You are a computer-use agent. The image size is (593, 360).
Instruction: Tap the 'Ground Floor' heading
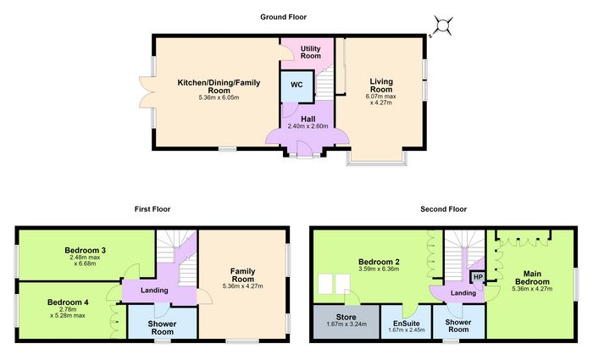(283, 17)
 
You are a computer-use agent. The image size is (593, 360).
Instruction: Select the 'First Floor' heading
(152, 209)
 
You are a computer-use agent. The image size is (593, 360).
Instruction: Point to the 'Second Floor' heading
(444, 209)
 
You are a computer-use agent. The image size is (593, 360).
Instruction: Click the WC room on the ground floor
(296, 86)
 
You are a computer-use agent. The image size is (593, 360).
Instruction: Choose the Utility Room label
(311, 53)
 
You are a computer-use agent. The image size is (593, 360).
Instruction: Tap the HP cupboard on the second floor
(478, 277)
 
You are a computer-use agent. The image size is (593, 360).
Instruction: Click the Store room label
(346, 318)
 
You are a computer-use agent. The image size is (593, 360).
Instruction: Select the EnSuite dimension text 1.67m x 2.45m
(406, 330)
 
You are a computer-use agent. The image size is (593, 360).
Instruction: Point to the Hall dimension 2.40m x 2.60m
(308, 126)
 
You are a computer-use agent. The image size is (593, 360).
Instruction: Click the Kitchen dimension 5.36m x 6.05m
(219, 97)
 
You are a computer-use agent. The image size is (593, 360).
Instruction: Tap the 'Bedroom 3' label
(85, 251)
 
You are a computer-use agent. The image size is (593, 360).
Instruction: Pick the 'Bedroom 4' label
(68, 302)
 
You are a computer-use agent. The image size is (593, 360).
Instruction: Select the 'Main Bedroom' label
(532, 278)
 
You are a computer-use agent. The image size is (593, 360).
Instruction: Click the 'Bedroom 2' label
(379, 262)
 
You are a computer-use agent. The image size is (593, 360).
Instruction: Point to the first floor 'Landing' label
(154, 291)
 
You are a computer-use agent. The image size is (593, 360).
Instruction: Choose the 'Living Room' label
(381, 86)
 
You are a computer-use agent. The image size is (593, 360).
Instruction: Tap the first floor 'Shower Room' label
(163, 328)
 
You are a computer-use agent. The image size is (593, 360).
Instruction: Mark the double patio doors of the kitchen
(145, 92)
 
